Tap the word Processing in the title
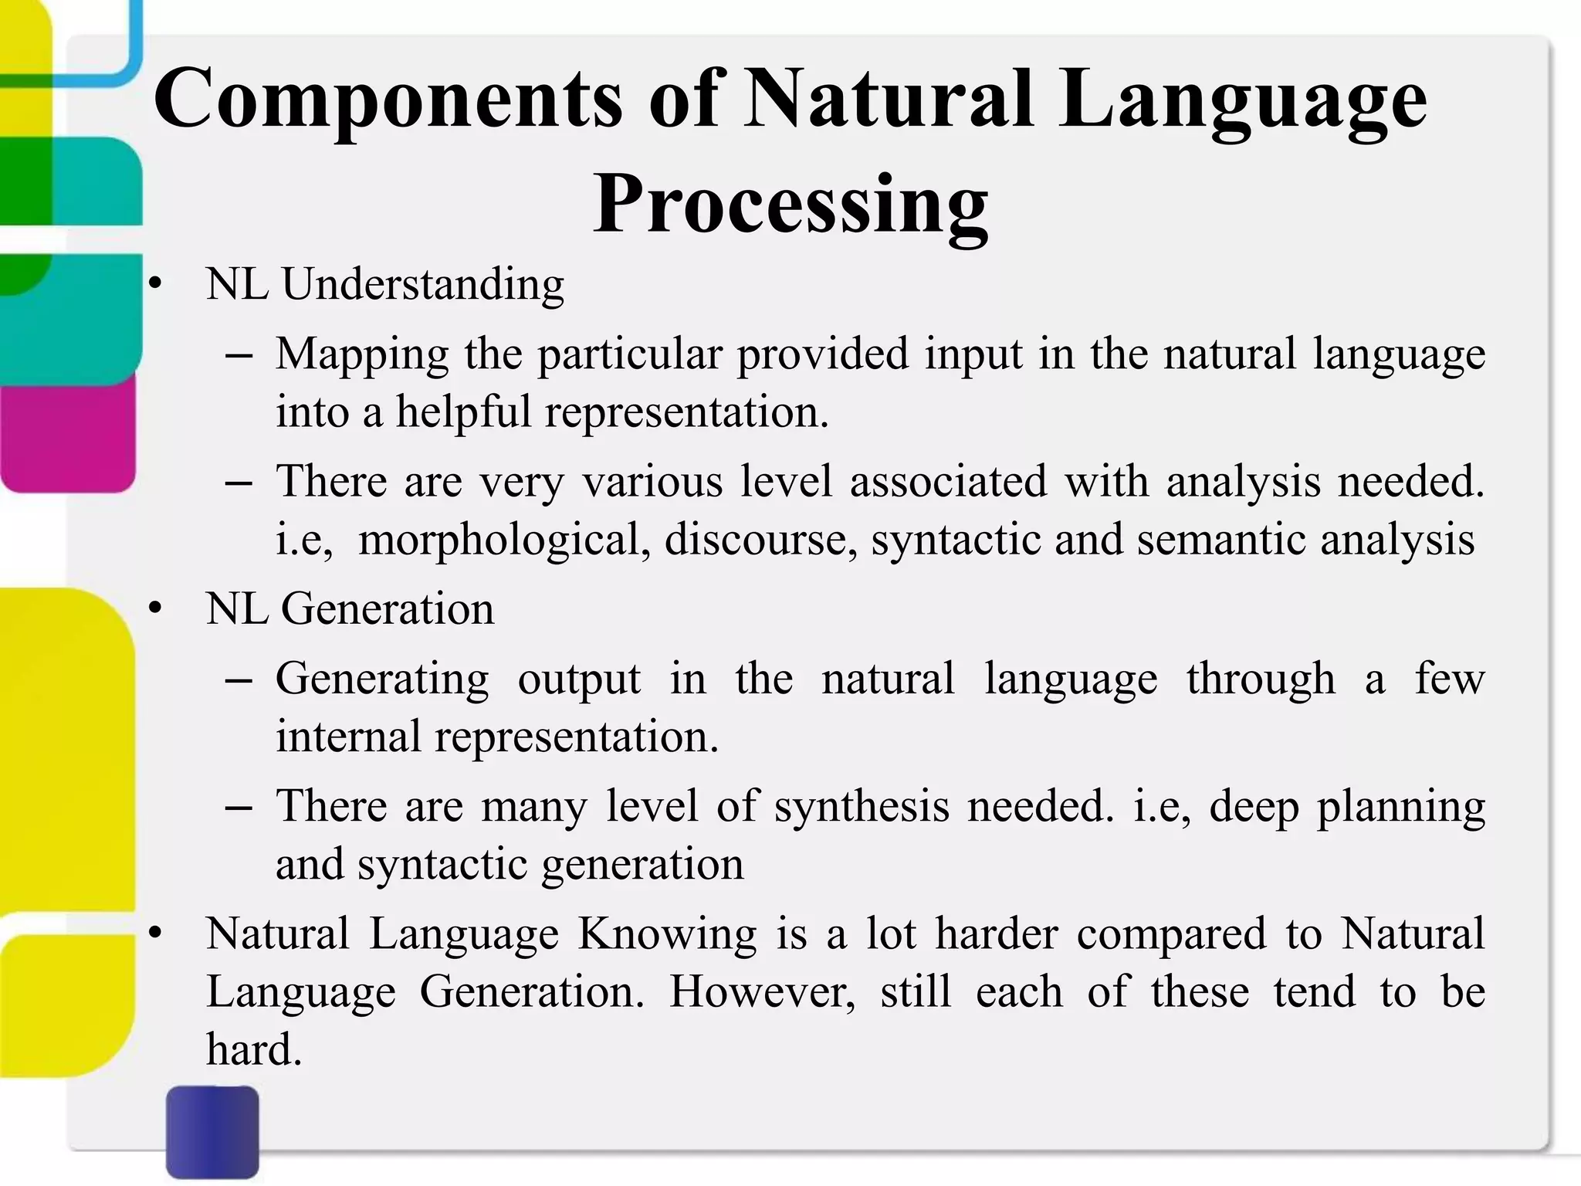[790, 205]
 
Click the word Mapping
[362, 355]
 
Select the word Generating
[382, 679]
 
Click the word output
[579, 679]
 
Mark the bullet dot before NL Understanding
[157, 286]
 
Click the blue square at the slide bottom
[212, 1131]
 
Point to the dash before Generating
[239, 681]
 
